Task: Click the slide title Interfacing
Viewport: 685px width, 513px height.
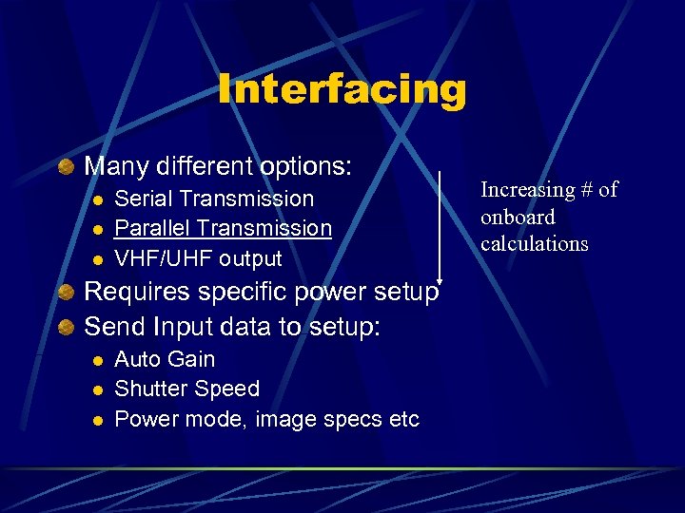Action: (342, 90)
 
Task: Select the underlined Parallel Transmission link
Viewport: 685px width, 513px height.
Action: (223, 228)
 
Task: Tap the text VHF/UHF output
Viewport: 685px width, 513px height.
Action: (198, 258)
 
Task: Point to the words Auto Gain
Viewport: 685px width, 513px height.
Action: (165, 359)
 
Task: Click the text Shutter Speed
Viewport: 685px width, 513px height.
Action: (186, 389)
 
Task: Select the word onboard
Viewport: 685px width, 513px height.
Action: (518, 217)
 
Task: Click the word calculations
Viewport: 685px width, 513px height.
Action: (534, 243)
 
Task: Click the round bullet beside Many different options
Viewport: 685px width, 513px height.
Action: (66, 167)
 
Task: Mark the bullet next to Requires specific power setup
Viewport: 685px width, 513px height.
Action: (66, 293)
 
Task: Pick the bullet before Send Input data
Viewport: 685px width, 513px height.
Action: (66, 328)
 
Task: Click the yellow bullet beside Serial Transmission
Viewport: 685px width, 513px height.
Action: (96, 199)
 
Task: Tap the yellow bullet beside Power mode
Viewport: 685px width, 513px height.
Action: (96, 420)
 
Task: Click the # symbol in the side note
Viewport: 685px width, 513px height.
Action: (582, 190)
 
